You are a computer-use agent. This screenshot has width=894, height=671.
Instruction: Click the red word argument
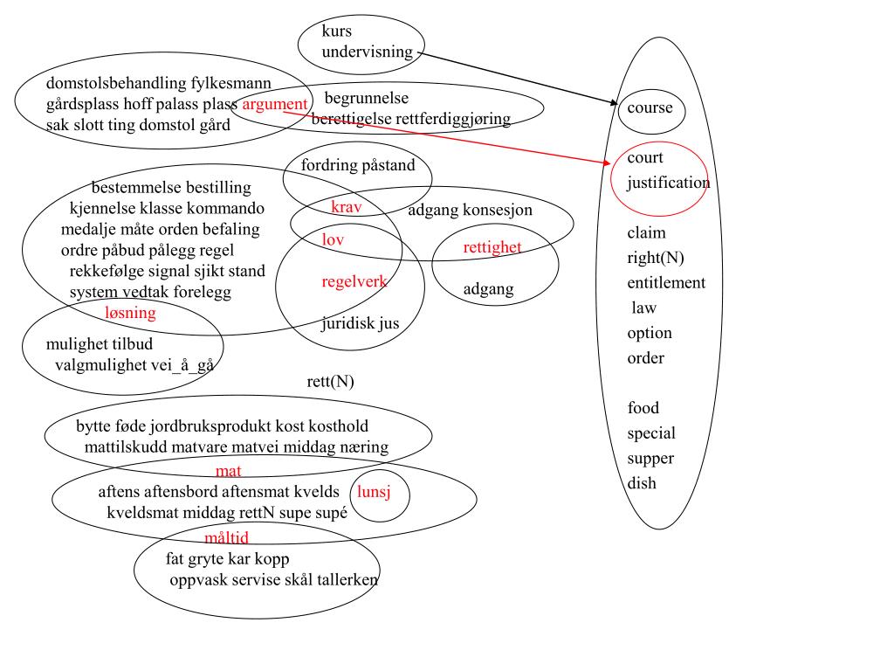pos(274,105)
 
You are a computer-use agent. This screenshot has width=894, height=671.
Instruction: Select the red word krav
pos(346,207)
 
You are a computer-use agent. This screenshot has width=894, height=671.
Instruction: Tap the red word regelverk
pos(354,281)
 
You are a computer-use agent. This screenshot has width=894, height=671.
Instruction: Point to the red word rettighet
pos(492,247)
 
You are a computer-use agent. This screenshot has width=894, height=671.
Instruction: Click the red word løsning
pos(130,313)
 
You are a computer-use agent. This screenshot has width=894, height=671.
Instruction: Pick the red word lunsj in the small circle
pos(374,492)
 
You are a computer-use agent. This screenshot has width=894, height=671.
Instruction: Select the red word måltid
pos(226,538)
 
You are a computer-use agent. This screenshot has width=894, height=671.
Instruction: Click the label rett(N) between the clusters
pos(330,382)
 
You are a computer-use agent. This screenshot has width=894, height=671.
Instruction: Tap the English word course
pos(650,108)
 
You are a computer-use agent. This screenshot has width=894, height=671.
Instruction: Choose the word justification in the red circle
pos(668,183)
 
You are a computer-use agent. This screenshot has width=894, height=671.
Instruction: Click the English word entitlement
pos(665,282)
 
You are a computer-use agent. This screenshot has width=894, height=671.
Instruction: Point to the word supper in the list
pos(650,459)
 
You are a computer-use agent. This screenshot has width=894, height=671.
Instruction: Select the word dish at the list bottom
pos(641,483)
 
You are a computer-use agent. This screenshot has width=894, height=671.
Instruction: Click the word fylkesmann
pos(230,84)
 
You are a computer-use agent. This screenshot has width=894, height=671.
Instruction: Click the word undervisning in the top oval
pos(367,52)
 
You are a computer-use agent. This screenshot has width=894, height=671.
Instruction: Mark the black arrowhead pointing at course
pos(613,105)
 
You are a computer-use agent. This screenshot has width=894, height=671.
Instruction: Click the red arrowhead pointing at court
pos(611,163)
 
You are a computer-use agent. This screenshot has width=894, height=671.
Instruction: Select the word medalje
pos(86,230)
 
